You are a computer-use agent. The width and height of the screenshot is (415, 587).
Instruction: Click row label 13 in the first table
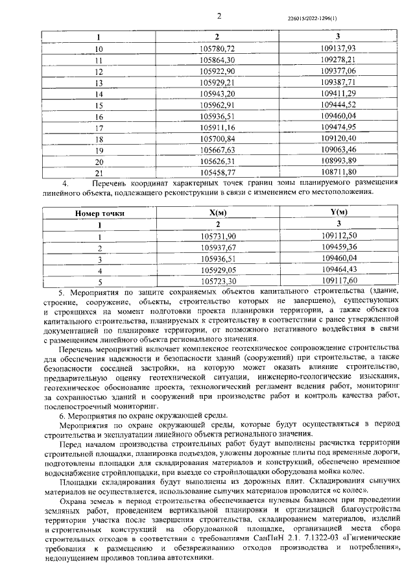tap(99, 83)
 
